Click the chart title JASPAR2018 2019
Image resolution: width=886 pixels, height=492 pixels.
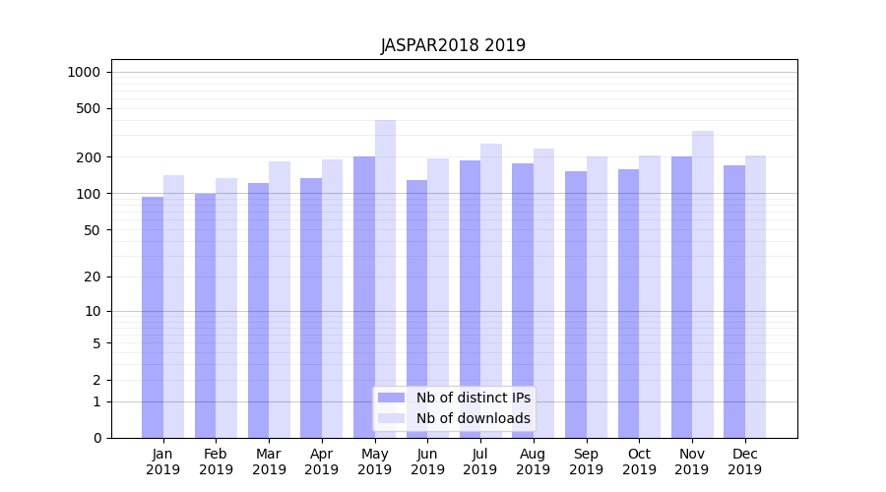coord(453,46)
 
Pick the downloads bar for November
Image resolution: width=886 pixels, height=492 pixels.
coord(702,284)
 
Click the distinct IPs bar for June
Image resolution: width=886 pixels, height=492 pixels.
coord(416,309)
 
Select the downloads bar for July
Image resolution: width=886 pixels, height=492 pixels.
coord(490,290)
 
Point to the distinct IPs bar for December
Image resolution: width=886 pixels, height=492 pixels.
coord(734,301)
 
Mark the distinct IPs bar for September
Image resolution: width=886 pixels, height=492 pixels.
coord(575,304)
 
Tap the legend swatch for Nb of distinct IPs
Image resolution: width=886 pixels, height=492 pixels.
coord(392,398)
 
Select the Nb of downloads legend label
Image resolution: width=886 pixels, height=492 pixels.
coord(473,418)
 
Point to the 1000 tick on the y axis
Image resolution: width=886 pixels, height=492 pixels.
coord(83,72)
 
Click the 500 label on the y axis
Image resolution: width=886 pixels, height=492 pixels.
coord(88,108)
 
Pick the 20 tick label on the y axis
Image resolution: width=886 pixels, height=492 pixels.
coord(92,277)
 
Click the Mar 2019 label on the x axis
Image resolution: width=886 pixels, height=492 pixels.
coord(269,461)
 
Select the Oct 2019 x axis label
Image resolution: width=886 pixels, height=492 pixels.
coord(639,461)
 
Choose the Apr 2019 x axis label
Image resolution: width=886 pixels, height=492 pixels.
coord(322,461)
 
